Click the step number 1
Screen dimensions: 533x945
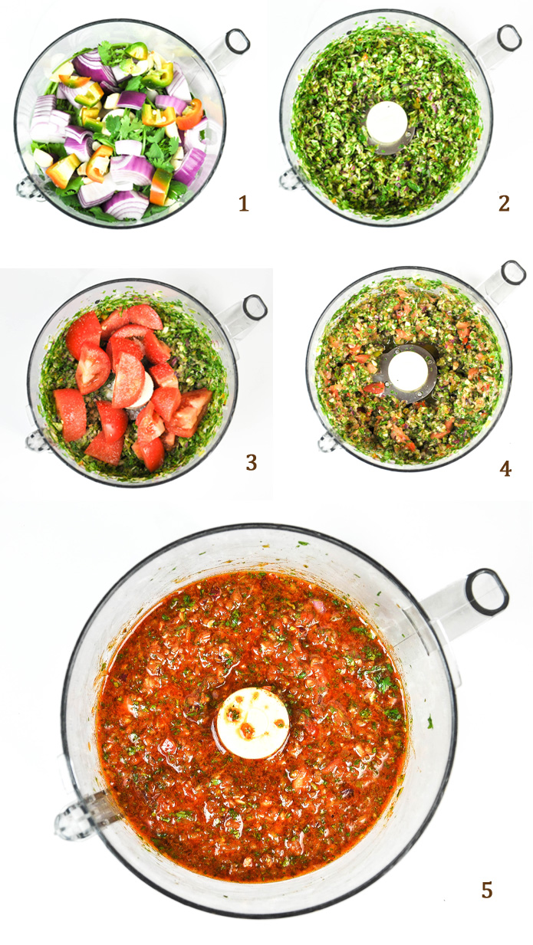click(x=244, y=204)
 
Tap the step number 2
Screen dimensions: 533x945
click(x=504, y=204)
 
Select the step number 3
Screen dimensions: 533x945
click(x=252, y=463)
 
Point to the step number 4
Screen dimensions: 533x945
click(x=505, y=469)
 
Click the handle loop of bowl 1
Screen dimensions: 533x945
click(x=237, y=41)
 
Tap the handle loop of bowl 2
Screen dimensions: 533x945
click(x=509, y=38)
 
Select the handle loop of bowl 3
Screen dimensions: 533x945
click(x=255, y=307)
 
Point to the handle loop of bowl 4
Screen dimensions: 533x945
click(x=513, y=274)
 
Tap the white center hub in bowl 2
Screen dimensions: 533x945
click(x=387, y=122)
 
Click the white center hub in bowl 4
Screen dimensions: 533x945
click(x=408, y=371)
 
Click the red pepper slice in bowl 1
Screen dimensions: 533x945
click(x=190, y=115)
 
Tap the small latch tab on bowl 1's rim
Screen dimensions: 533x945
click(x=27, y=188)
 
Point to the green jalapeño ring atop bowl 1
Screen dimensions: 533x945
click(x=137, y=51)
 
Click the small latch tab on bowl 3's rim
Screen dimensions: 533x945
click(x=37, y=441)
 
